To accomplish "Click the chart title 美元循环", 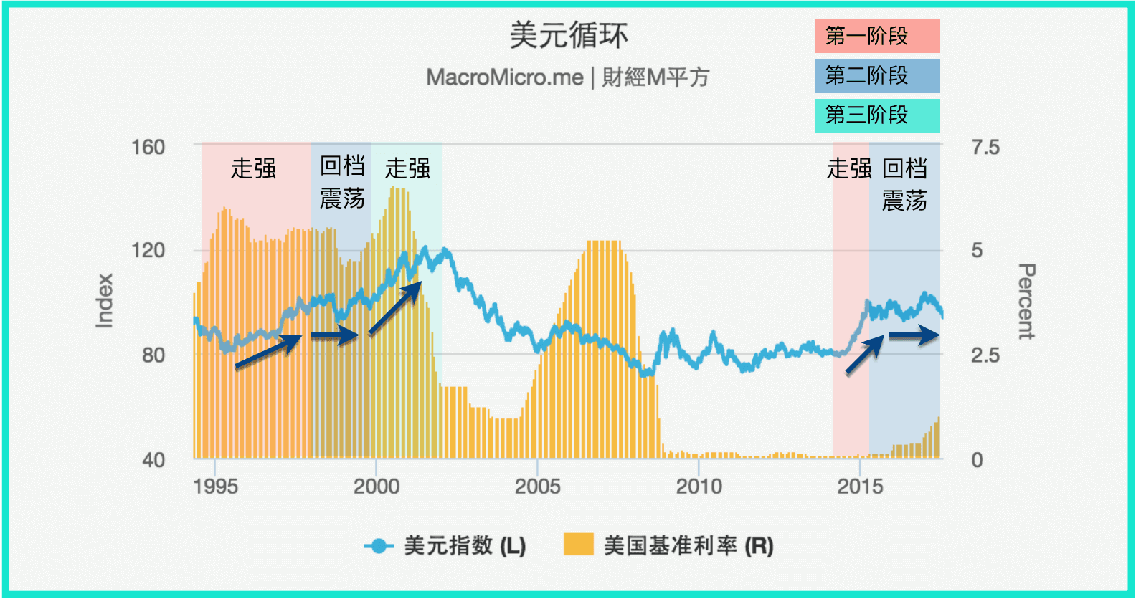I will pyautogui.click(x=568, y=36).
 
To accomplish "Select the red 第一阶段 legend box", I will pyautogui.click(x=877, y=37).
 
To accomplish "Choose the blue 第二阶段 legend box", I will pyautogui.click(x=877, y=76).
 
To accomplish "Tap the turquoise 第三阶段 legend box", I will pyautogui.click(x=877, y=115).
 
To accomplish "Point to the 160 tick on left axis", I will pyautogui.click(x=148, y=148).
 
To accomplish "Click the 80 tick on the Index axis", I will pyautogui.click(x=153, y=355).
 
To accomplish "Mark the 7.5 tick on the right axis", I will pyautogui.click(x=985, y=148).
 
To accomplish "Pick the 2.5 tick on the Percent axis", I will pyautogui.click(x=985, y=355).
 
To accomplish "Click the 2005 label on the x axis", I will pyautogui.click(x=537, y=487).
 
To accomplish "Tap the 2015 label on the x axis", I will pyautogui.click(x=860, y=487).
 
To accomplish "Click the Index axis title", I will pyautogui.click(x=105, y=301).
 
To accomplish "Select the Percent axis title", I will pyautogui.click(x=1026, y=301).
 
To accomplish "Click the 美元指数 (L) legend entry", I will pyautogui.click(x=445, y=546).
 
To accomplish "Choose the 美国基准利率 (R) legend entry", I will pyautogui.click(x=669, y=546).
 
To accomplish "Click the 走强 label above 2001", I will pyautogui.click(x=407, y=169).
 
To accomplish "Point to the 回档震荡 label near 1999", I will pyautogui.click(x=342, y=182).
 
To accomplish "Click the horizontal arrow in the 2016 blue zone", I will pyautogui.click(x=914, y=335).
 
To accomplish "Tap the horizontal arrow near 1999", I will pyautogui.click(x=334, y=335).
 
